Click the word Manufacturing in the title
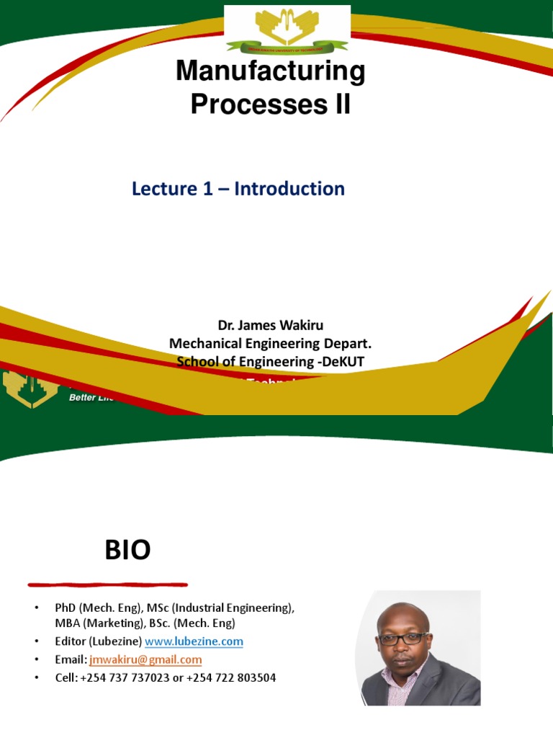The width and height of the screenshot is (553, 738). (271, 72)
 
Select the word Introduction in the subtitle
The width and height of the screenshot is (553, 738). (289, 189)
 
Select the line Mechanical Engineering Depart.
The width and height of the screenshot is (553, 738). (271, 344)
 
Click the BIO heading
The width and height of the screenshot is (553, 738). (127, 551)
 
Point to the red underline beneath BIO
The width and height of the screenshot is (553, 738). (108, 584)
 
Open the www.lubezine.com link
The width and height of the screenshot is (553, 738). (194, 641)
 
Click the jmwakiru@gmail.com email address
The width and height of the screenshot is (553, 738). (145, 659)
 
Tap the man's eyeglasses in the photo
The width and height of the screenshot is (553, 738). (404, 639)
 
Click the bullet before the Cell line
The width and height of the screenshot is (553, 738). (36, 678)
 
